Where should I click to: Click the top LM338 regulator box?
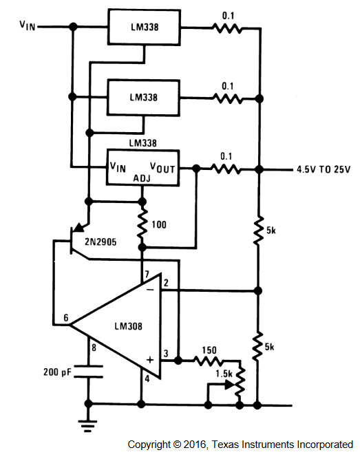coord(144,27)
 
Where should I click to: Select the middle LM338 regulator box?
coord(143,98)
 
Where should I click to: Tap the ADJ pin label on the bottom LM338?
coord(142,178)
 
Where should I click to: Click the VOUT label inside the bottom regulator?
coord(162,168)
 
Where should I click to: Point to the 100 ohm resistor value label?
coord(159,225)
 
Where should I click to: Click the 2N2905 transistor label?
coord(100,242)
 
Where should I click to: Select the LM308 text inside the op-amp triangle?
coord(128,326)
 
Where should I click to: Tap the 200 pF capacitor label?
coord(57,372)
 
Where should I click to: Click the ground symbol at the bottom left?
coord(87,426)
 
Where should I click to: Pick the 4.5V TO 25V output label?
coord(324,169)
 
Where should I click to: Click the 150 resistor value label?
coord(209,350)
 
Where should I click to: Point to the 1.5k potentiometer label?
coord(224,374)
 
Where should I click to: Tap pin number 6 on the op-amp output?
coord(66,318)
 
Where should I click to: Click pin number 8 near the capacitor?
coord(94,348)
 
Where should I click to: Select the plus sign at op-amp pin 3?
coord(150,359)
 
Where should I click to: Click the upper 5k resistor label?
coord(271,231)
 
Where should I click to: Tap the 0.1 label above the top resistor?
coord(228,16)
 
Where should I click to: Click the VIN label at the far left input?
coord(28,25)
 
